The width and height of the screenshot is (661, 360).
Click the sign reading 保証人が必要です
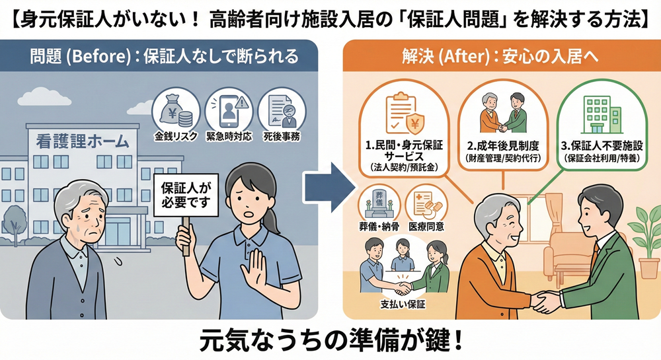coord(186,196)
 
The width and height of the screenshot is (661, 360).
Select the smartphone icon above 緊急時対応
coord(229,111)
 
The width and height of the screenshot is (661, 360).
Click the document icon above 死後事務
coord(282,111)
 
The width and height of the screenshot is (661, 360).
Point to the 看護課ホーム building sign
coord(82,141)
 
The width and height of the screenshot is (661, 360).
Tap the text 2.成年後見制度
coord(503,146)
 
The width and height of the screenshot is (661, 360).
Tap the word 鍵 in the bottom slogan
coord(434,341)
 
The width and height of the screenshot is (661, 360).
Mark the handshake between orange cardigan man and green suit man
coord(547,302)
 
